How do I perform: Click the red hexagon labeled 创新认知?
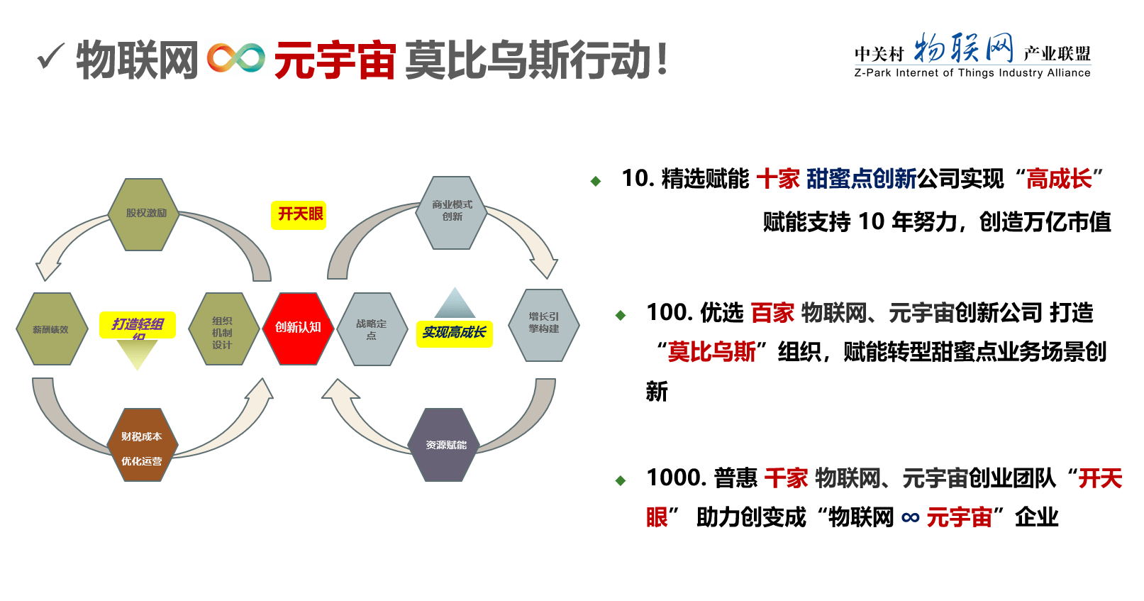(298, 328)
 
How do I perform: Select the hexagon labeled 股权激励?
(144, 214)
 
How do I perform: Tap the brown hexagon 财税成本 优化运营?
(142, 446)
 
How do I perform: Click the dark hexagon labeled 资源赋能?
(445, 445)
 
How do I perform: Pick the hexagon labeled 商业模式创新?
(452, 211)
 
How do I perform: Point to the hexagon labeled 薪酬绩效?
(51, 329)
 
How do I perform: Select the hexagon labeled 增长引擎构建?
(543, 324)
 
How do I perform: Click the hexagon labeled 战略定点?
(372, 329)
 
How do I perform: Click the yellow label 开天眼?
(299, 214)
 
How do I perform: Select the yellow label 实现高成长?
(454, 333)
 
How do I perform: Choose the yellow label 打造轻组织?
(137, 325)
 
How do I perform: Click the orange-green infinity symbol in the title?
(236, 59)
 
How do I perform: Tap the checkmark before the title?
(51, 56)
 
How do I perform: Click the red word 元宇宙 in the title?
(335, 60)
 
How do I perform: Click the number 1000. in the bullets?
(674, 478)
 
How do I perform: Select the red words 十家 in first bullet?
(778, 179)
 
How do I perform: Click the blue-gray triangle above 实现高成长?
(455, 304)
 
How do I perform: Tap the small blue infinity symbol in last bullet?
(911, 518)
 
